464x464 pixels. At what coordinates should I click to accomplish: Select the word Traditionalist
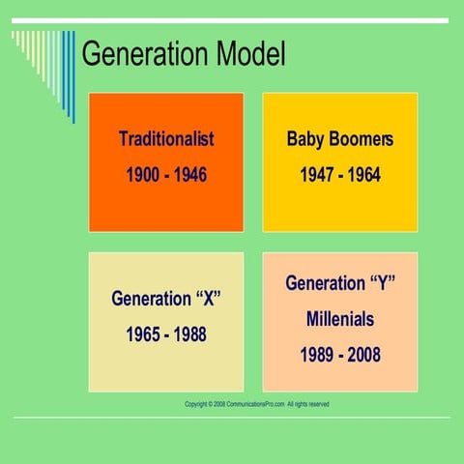[166, 139]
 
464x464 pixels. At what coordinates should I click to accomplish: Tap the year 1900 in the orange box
[144, 176]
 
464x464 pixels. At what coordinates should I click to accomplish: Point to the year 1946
[189, 176]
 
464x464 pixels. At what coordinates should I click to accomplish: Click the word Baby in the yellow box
[306, 139]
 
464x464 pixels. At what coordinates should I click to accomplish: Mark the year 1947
[318, 176]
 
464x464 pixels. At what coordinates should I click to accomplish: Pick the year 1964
[363, 176]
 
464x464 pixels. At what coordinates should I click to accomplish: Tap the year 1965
[144, 335]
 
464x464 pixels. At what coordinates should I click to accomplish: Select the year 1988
[189, 335]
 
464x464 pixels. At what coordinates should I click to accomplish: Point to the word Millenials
[340, 319]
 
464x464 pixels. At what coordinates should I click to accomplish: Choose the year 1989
[318, 355]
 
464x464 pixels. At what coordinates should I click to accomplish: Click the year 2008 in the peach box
[363, 355]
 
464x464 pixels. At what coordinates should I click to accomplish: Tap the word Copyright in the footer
[195, 404]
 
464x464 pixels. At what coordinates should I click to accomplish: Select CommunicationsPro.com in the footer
[256, 404]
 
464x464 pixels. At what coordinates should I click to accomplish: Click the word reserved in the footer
[316, 404]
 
